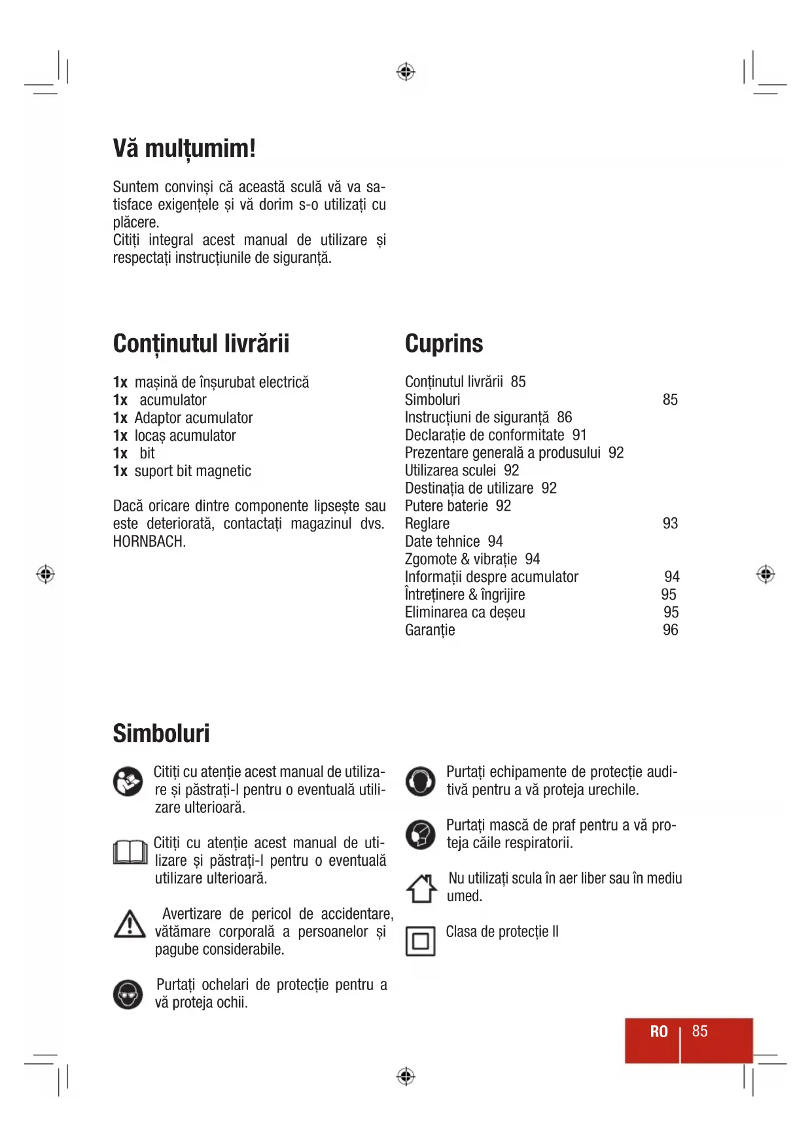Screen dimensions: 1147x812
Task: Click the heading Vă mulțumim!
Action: point(184,148)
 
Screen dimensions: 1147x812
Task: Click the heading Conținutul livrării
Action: point(201,344)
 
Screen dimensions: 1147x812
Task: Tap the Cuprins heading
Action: point(444,344)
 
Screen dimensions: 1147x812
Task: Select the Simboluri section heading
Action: point(161,734)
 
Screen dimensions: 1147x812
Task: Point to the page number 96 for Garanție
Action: point(670,630)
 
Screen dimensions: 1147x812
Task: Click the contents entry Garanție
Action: point(430,630)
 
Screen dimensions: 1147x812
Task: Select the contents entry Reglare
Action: point(427,524)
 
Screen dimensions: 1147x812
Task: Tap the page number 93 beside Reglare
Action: point(670,523)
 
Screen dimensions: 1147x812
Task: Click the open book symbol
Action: point(130,852)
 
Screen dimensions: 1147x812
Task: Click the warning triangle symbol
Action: point(130,924)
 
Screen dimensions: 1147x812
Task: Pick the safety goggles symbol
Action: point(128,995)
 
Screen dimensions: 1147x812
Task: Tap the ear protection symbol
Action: point(420,781)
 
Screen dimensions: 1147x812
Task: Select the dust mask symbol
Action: point(420,834)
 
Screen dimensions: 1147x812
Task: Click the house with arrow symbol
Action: point(421,889)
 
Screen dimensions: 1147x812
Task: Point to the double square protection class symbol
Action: point(420,942)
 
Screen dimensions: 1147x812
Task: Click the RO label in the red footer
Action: point(659,1032)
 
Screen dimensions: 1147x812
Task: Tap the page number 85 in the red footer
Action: point(699,1031)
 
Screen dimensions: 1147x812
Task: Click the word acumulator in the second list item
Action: point(173,400)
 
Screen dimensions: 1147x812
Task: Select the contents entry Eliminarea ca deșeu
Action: point(465,612)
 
